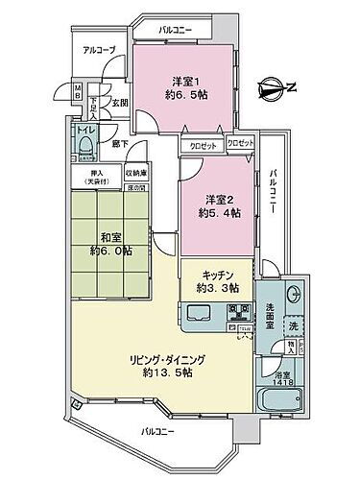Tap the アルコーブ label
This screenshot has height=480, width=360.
tap(97, 49)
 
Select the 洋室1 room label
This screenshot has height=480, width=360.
tap(186, 80)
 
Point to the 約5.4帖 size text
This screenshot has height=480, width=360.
tap(217, 213)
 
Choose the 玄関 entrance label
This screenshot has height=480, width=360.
tap(119, 102)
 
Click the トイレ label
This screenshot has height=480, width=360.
tap(84, 128)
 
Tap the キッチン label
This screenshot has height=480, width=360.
tap(217, 271)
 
